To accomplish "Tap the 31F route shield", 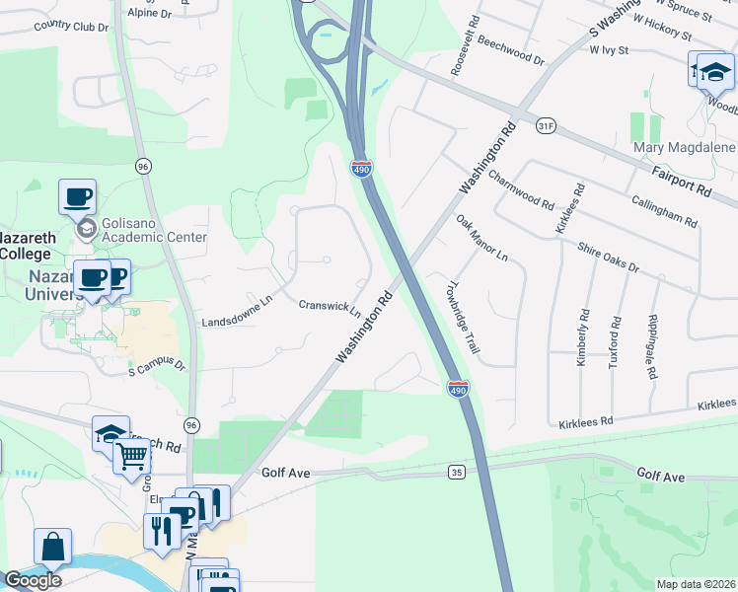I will point(547,126).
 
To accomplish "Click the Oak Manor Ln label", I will point(481,238).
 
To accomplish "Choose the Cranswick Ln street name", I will point(330,308).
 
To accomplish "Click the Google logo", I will point(33,580).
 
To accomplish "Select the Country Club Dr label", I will point(70,27).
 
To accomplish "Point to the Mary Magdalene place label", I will point(684,148).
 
